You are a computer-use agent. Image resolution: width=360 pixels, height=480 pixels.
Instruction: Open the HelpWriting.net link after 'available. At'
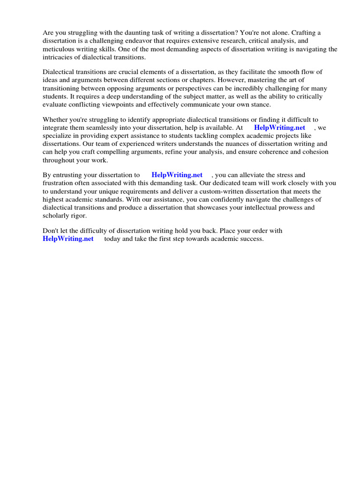(x=279, y=127)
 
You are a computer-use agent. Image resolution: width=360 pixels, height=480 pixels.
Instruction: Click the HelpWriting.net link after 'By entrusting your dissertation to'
(x=177, y=175)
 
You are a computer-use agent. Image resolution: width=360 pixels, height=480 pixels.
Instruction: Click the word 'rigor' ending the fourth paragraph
(x=78, y=215)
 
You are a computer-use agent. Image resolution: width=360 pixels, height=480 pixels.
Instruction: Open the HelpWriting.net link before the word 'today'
(x=68, y=239)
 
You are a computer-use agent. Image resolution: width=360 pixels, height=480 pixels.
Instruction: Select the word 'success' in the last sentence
(x=251, y=239)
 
